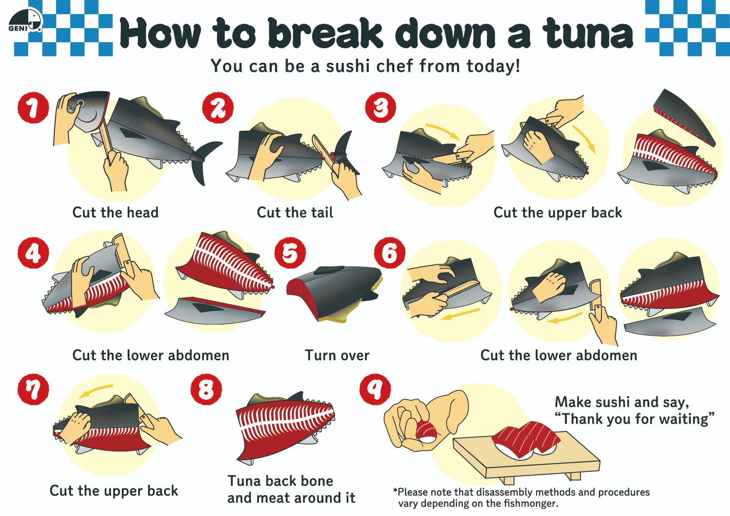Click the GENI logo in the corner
pos(25,21)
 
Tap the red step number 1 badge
pos(33,108)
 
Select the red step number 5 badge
pos(290,253)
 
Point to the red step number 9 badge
pos(375,389)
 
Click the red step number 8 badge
pos(206,389)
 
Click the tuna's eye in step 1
pos(81,103)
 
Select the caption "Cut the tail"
pos(295,213)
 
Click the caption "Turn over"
pos(337,355)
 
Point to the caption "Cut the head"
pos(115,213)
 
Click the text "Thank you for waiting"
pos(635,419)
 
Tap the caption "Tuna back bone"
pos(280,481)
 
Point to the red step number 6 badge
pos(390,253)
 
